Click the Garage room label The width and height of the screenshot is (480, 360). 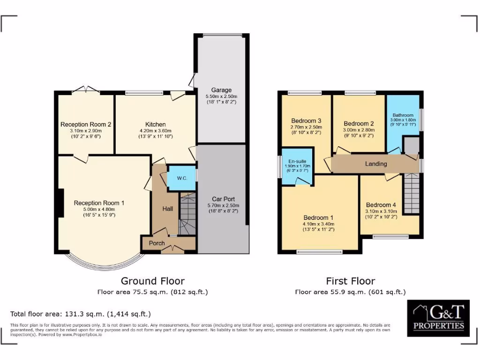pos(221,90)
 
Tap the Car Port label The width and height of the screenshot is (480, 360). pos(223,199)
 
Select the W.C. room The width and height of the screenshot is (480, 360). pos(182,178)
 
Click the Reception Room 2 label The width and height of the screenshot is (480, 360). pos(86,124)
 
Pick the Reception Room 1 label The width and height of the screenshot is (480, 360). pos(99,203)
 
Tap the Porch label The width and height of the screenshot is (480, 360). pos(157,243)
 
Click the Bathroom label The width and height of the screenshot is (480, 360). pos(403,115)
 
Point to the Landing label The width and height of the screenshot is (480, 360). pos(376,164)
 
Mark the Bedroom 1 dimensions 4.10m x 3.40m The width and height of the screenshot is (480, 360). pos(319,224)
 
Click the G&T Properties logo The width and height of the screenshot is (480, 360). pos(438,318)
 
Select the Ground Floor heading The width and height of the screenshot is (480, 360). pos(152,281)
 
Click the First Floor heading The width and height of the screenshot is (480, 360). pos(350,281)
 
